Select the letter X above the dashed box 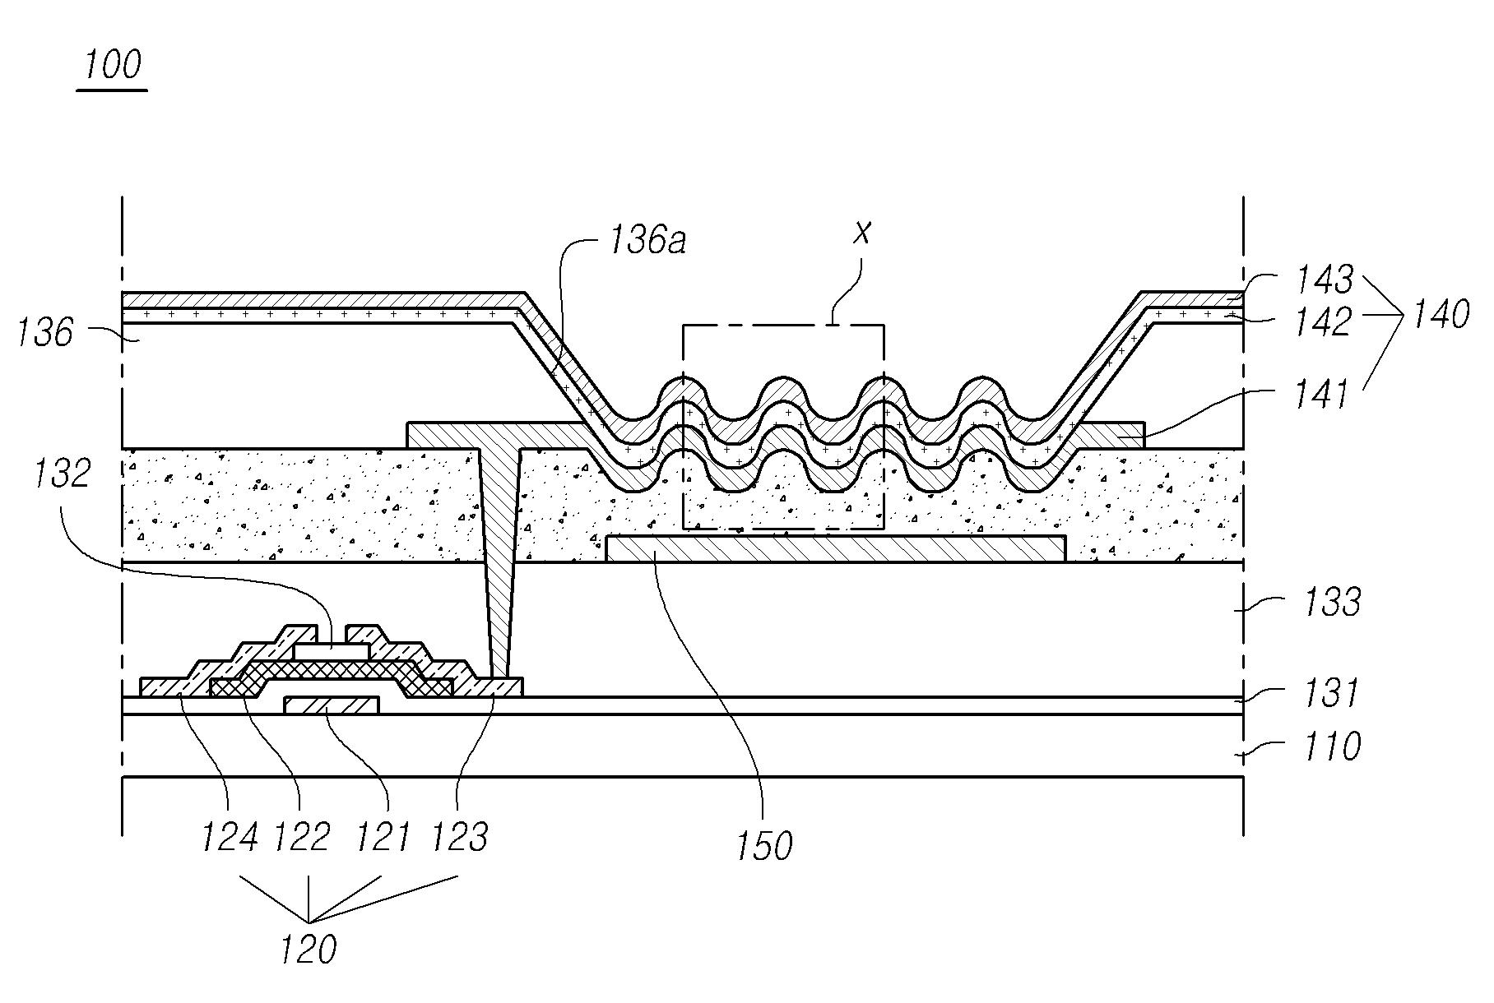click(x=861, y=234)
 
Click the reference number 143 click(x=1324, y=280)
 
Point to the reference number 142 click(x=1324, y=322)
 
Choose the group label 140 click(x=1440, y=314)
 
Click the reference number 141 click(x=1322, y=395)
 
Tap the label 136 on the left click(x=45, y=333)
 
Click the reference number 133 click(x=1333, y=602)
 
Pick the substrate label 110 click(x=1331, y=746)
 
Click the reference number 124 click(x=230, y=837)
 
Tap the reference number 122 click(x=301, y=837)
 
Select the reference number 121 click(x=382, y=837)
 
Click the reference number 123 click(x=460, y=837)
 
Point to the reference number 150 click(x=764, y=845)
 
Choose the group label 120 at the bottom click(x=308, y=950)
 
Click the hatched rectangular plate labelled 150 click(x=835, y=548)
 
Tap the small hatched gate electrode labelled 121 click(x=331, y=705)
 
